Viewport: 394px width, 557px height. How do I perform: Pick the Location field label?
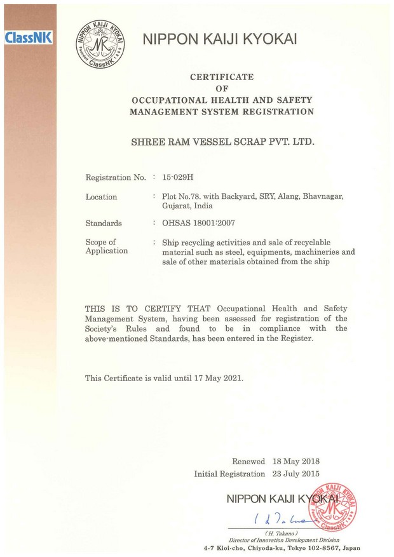[x=101, y=197]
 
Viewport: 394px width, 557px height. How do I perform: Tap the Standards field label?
[x=104, y=223]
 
